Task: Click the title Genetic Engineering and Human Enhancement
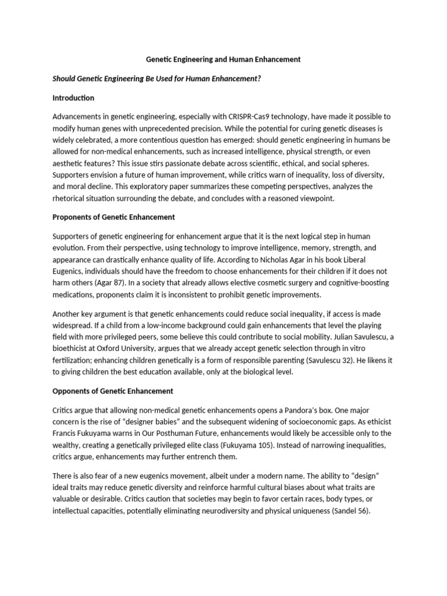click(222, 59)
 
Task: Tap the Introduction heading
click(73, 98)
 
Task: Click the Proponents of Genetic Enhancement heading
click(114, 217)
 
